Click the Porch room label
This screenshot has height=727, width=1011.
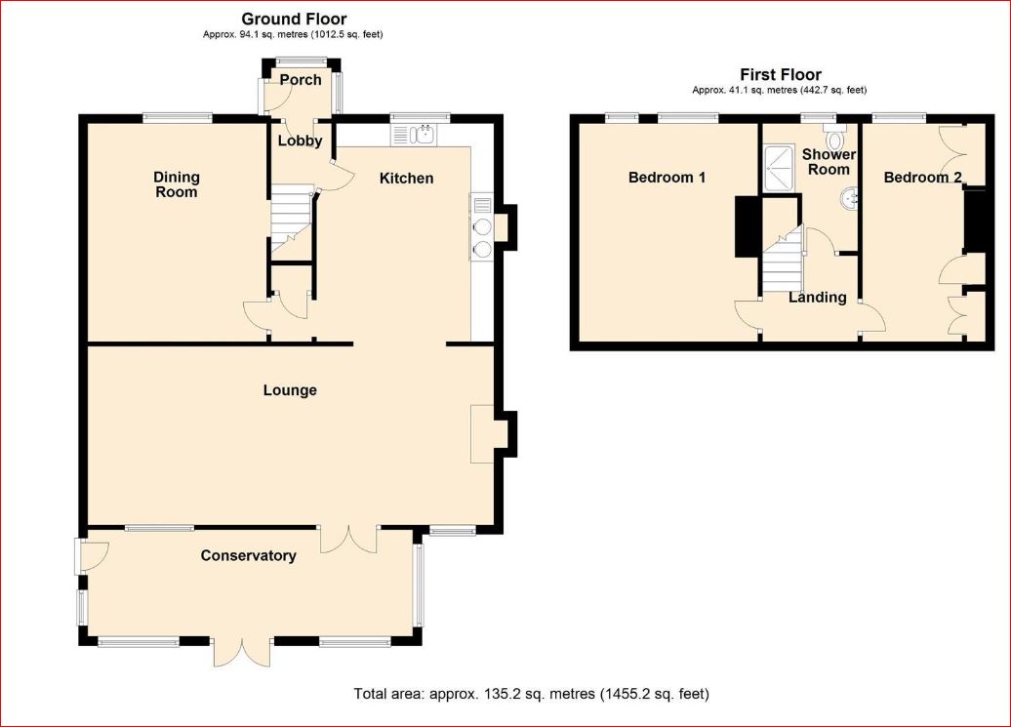tap(301, 79)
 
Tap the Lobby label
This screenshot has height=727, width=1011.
tap(300, 141)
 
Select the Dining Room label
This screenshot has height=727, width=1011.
tap(176, 184)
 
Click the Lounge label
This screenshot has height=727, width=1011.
tap(290, 390)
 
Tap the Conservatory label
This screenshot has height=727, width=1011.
tap(248, 555)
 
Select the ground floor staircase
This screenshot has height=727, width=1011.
tap(290, 217)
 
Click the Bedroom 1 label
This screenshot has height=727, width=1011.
tap(667, 178)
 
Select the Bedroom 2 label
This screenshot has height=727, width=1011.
tap(916, 178)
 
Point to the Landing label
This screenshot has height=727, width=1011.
tap(817, 297)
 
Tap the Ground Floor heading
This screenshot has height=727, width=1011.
tap(294, 19)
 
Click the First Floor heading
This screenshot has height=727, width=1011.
tap(781, 74)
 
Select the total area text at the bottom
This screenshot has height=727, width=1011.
tap(531, 694)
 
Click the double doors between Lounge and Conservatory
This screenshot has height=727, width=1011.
tap(348, 540)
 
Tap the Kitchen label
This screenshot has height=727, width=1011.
tap(406, 178)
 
